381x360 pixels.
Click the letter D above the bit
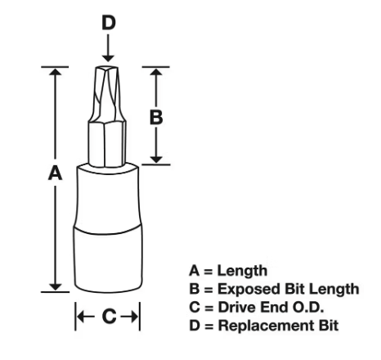tap(109, 22)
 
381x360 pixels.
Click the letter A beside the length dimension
tap(55, 173)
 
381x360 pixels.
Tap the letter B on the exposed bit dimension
tap(156, 118)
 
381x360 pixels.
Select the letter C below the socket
tap(109, 317)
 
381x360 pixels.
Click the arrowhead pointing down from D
tap(109, 57)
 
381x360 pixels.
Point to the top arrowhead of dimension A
tap(56, 71)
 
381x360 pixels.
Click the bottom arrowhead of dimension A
tap(56, 287)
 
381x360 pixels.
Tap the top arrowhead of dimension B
tap(156, 71)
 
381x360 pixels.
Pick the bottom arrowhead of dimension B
tap(156, 160)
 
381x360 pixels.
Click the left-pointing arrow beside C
tap(86, 317)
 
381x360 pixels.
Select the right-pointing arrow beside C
tap(129, 317)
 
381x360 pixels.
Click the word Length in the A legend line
tap(242, 272)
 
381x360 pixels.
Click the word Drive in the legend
tap(237, 308)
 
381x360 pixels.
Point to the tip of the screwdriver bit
tap(107, 68)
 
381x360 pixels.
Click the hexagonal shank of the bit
tap(107, 143)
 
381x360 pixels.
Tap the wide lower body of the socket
tap(108, 259)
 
